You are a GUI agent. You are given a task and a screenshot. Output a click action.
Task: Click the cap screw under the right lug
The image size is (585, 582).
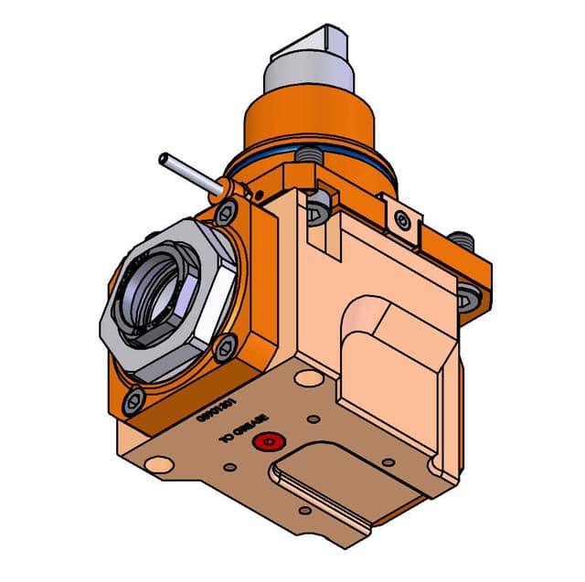[x=469, y=297]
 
